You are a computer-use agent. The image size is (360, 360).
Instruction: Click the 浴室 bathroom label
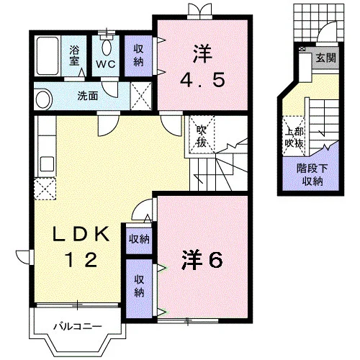pos(74,55)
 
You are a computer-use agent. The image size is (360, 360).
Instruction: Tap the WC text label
pos(106,64)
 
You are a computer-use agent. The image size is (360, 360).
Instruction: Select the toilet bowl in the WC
pos(107,48)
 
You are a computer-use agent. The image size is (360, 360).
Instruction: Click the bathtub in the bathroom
pos(48,56)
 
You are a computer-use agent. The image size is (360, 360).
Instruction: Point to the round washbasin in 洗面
pos(44,99)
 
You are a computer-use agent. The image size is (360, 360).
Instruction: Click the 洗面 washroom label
pos(88,96)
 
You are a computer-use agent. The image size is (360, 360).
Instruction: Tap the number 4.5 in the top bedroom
pos(202,80)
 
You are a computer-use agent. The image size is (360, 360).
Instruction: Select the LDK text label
pos(81,234)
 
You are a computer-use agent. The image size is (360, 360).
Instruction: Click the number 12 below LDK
pos(82,260)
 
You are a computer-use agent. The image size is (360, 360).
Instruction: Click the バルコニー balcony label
pos(78,327)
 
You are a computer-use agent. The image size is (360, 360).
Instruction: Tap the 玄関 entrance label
pos(325,58)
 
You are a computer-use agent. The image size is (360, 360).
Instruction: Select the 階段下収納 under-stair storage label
pos(312,175)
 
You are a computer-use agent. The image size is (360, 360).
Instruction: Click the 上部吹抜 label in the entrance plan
pos(294,138)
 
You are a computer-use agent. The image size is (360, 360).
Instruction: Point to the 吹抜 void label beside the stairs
pos(202,136)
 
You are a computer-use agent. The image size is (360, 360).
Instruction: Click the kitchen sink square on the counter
pos(47,163)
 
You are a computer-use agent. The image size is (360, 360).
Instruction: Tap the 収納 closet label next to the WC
pos(138,55)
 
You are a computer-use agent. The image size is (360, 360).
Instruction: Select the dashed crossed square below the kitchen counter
pos(45,189)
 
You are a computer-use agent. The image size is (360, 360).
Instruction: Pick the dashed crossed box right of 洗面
pos(141,96)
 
